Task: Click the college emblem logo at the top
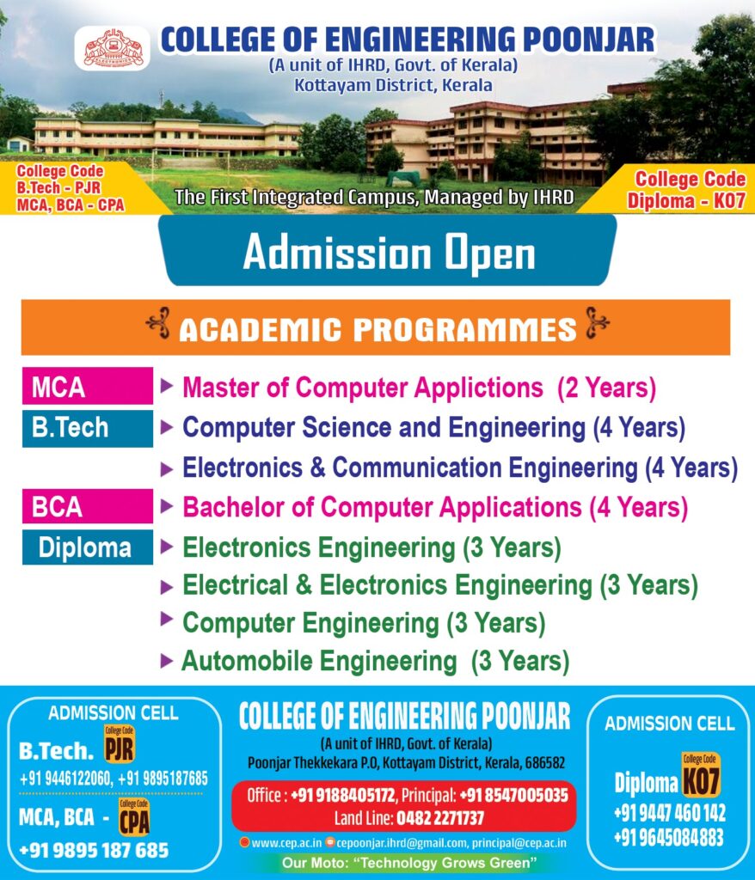(x=113, y=49)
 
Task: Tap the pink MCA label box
(x=88, y=386)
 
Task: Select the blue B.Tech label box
(x=88, y=428)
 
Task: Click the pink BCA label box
(x=88, y=506)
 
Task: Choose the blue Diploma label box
(x=88, y=547)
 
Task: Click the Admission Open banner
(x=388, y=250)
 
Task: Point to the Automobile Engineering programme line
(x=375, y=661)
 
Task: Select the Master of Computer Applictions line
(x=419, y=388)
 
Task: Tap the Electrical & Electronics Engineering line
(x=440, y=585)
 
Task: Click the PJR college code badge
(x=120, y=744)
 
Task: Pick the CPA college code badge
(x=134, y=818)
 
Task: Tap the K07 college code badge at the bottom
(x=701, y=776)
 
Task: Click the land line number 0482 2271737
(x=440, y=818)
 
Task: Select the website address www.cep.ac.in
(x=286, y=843)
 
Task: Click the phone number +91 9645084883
(x=668, y=838)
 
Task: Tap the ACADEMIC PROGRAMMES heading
(x=377, y=329)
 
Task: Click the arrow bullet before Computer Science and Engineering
(x=167, y=428)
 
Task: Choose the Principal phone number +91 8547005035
(x=513, y=795)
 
